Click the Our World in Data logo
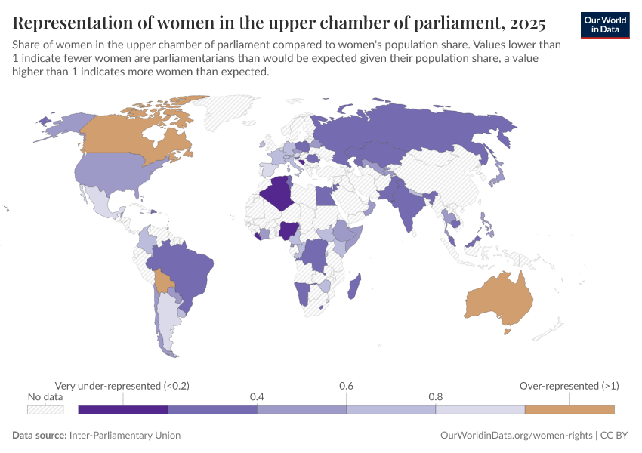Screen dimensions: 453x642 604,25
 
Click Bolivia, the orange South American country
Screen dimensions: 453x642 163,282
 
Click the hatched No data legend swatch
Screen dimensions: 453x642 45,409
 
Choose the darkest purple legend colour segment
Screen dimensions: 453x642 122,409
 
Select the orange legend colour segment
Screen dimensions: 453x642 569,409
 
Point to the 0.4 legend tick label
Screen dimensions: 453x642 257,396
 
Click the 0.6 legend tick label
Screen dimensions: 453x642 346,386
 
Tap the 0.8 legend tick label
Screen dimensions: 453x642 435,396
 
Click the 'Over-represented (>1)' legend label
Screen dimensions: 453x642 569,386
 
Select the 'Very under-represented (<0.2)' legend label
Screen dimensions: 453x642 122,386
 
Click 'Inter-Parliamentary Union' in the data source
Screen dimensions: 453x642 125,436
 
